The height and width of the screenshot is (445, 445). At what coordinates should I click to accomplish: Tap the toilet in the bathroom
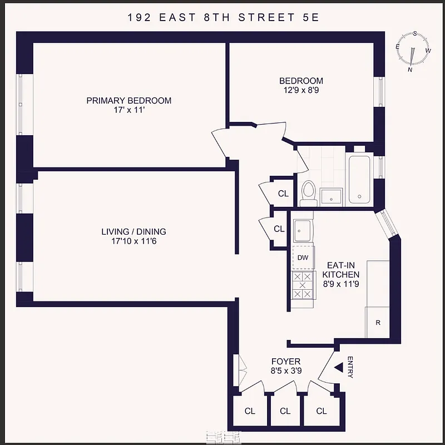pos(308,191)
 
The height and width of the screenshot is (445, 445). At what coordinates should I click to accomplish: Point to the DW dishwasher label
pos(303,258)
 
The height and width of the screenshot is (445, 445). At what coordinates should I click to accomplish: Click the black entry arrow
pos(338,368)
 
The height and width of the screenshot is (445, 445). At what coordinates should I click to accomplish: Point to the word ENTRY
pos(350,367)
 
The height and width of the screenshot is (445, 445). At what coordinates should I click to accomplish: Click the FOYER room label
pos(285,362)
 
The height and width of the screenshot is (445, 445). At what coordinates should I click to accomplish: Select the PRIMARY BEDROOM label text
pos(128,101)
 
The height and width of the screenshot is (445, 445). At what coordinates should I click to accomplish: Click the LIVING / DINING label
pos(133,231)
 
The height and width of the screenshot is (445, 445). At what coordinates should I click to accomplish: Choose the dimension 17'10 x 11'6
pos(133,241)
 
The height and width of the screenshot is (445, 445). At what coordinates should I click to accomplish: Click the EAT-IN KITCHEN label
pos(343,270)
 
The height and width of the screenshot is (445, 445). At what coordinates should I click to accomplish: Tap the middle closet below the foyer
pos(285,411)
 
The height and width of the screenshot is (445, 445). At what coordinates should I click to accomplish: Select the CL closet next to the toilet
pos(283,194)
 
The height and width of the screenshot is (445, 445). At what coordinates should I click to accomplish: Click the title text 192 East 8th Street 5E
pos(222,17)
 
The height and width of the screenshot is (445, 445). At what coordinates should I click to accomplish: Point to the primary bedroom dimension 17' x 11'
pos(128,110)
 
